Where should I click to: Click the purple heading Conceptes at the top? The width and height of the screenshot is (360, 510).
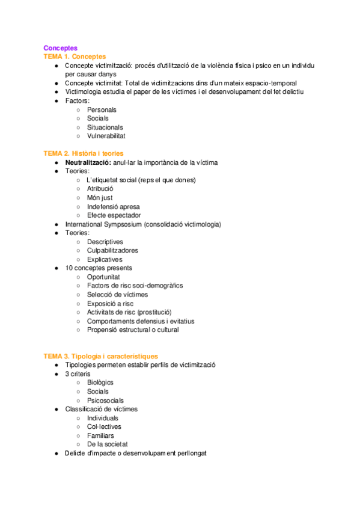60,48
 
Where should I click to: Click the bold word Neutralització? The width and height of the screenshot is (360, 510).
88,162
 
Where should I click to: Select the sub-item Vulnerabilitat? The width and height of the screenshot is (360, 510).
106,136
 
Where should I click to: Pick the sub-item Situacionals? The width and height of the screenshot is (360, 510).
105,127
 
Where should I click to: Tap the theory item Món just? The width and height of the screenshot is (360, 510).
99,198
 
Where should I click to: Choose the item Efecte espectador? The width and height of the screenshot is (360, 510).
114,215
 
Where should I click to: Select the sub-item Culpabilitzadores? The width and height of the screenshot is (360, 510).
112,250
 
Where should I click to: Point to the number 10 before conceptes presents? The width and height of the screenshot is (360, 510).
69,268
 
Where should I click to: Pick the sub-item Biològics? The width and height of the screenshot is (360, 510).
100,382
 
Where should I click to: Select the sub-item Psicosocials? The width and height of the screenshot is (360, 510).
105,401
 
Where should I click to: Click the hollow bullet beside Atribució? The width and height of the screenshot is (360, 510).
79,189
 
